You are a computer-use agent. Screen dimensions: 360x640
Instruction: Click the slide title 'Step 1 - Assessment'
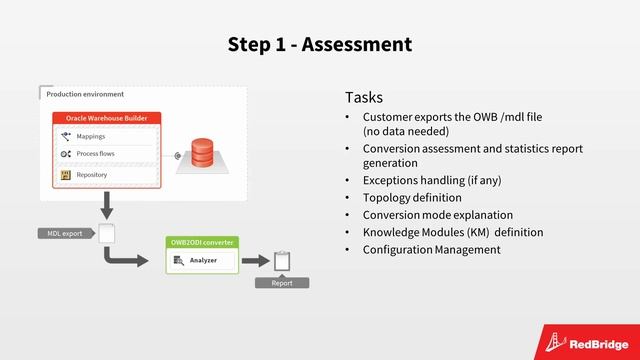pyautogui.click(x=319, y=44)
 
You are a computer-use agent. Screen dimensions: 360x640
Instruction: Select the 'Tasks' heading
pyautogui.click(x=364, y=97)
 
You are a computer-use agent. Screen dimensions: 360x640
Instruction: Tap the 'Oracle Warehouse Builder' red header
pyautogui.click(x=106, y=118)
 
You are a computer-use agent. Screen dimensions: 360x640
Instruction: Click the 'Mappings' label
pyautogui.click(x=91, y=136)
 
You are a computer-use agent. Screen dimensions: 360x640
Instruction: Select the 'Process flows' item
pyautogui.click(x=96, y=154)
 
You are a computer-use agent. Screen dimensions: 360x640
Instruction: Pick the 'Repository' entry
pyautogui.click(x=92, y=175)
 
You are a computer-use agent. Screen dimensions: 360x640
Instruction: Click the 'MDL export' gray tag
pyautogui.click(x=65, y=234)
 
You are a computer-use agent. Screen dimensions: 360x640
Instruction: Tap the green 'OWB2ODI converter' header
pyautogui.click(x=202, y=242)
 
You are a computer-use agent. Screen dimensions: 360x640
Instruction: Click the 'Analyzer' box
pyautogui.click(x=204, y=261)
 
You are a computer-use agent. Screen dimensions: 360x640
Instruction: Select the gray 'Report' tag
pyautogui.click(x=281, y=283)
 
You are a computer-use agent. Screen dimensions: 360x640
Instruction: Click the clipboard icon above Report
pyautogui.click(x=281, y=261)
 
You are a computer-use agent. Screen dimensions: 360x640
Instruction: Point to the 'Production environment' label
pyautogui.click(x=85, y=94)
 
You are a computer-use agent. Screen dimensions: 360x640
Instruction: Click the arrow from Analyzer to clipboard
pyautogui.click(x=256, y=261)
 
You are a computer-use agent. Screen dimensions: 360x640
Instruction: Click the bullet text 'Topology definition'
pyautogui.click(x=412, y=198)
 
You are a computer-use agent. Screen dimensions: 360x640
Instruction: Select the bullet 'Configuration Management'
pyautogui.click(x=431, y=249)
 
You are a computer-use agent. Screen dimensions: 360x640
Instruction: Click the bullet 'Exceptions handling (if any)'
pyautogui.click(x=432, y=181)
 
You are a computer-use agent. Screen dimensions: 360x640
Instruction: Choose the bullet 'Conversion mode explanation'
pyautogui.click(x=437, y=215)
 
